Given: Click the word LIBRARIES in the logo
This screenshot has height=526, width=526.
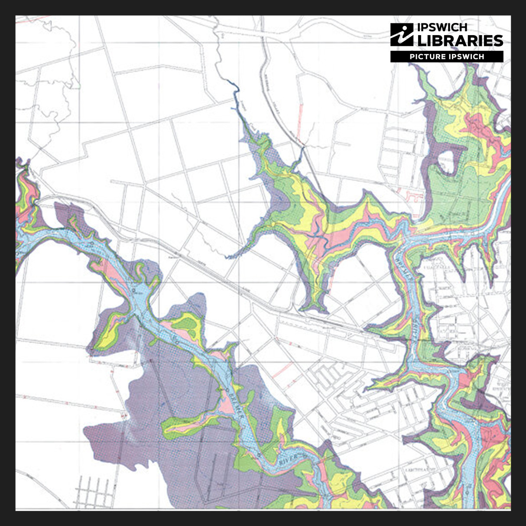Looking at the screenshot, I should (460, 41).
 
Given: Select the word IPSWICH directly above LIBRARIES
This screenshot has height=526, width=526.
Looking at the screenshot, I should (442, 27).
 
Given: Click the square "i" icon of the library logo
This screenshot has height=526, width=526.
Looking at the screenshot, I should (402, 35).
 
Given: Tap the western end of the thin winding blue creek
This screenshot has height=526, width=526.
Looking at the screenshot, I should (227, 257).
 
